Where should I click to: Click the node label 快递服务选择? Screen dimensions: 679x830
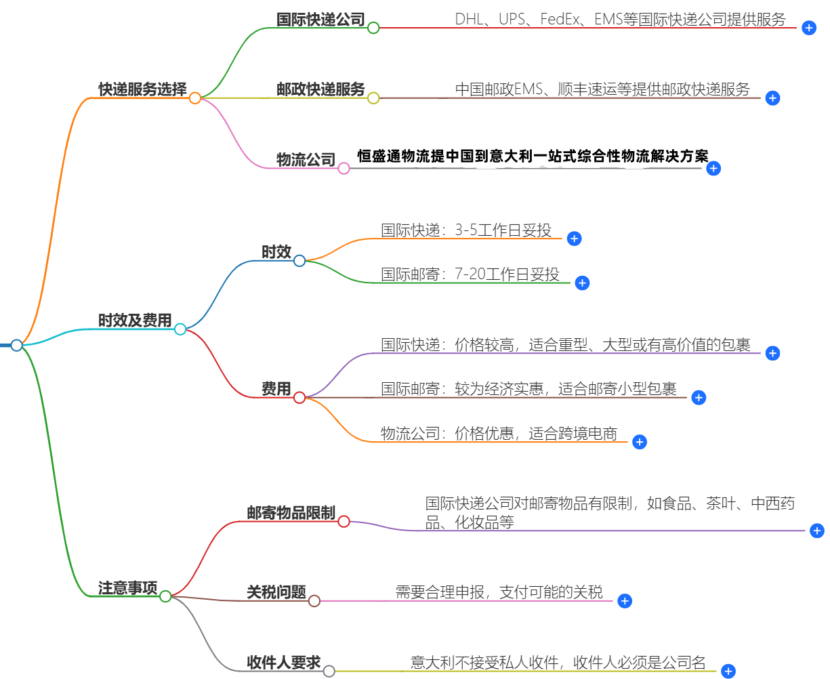coord(142,89)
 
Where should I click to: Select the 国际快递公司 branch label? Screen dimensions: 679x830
coord(320,20)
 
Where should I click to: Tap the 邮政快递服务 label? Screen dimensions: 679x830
coord(320,89)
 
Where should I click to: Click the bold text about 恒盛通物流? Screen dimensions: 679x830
coord(533,157)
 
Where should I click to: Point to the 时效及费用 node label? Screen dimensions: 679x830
coord(135,321)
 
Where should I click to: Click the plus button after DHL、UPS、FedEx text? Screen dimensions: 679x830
coord(808,28)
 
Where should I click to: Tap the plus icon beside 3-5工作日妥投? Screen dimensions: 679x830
coord(574,239)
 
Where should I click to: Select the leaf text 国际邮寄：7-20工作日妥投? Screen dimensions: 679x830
coord(470,274)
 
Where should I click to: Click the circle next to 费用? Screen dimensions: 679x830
coord(299,398)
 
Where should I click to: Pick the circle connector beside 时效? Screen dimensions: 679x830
coord(299,260)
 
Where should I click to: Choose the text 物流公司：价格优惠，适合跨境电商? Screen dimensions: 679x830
coord(499,434)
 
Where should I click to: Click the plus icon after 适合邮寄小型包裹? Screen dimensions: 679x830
coord(699,398)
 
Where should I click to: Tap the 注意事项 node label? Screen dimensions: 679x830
coord(127,588)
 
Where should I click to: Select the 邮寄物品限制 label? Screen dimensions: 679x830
coord(291,513)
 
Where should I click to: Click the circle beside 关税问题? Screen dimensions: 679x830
coord(314,600)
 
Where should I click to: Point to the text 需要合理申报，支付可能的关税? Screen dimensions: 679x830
coord(499,592)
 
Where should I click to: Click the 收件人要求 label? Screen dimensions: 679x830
coord(283,663)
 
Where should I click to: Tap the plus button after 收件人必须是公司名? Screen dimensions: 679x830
coord(728,672)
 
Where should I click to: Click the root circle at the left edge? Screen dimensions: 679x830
coord(17,346)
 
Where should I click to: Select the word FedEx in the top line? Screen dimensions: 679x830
coord(560,20)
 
